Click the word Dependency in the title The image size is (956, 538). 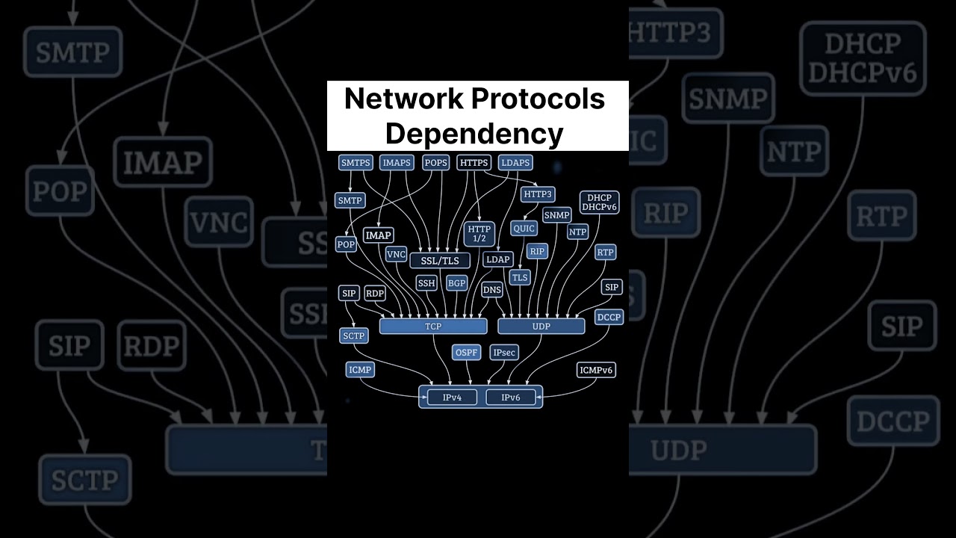pos(474,133)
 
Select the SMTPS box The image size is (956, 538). pos(356,163)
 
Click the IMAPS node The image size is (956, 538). pos(396,163)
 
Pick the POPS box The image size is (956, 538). pos(435,163)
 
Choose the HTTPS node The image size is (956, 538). pos(474,163)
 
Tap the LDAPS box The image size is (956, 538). pos(515,163)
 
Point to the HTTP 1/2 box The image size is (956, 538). pos(479,234)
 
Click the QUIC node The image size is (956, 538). pos(524,228)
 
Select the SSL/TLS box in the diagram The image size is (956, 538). pos(440,260)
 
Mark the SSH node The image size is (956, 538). pos(426,283)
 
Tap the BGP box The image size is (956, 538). pos(456,283)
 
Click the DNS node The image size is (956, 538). pos(492,289)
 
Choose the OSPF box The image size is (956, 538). pos(467,352)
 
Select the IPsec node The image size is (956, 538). pos(504,352)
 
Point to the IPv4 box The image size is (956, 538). pos(452,398)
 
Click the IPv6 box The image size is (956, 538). pos(511,398)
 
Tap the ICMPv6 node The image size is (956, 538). pos(597,370)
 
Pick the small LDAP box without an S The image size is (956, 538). pos(497,259)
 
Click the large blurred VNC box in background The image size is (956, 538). pos(218,222)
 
